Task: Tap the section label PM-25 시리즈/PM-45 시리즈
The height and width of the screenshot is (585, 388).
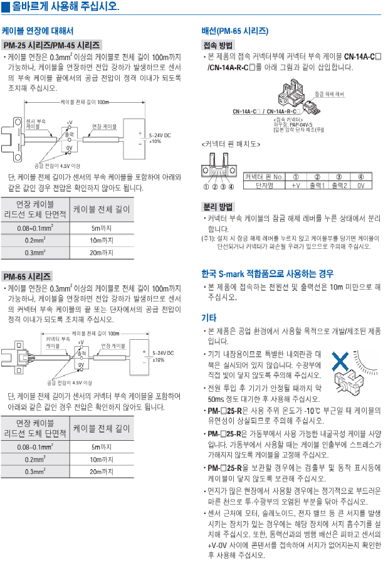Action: point(51,45)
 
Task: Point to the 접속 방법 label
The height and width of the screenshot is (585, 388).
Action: point(218,45)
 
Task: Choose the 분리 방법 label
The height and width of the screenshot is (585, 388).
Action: point(218,206)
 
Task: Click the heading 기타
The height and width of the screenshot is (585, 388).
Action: point(208,317)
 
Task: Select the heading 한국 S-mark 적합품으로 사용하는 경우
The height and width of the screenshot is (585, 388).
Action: point(267,274)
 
